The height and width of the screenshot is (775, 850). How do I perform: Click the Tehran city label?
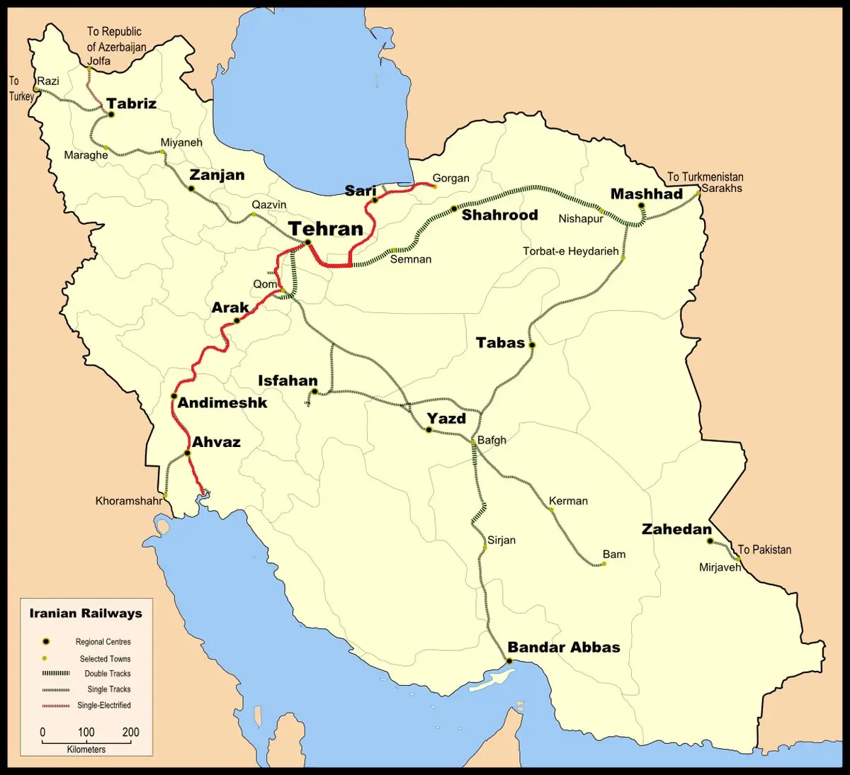coord(326,229)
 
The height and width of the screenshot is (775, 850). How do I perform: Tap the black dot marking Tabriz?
coord(110,114)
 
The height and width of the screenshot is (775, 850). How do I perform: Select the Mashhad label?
coord(646,194)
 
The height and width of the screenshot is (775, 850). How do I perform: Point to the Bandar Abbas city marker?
coord(509,661)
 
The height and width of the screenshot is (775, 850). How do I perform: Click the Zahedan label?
coord(676,529)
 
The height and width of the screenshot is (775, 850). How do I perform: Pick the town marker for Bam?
coord(603,564)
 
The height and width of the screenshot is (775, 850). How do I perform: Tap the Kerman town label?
coord(568,501)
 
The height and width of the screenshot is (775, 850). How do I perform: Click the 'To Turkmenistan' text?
coord(705,176)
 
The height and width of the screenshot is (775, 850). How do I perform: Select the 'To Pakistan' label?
coord(764,550)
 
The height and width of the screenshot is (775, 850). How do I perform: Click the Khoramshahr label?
coord(129,501)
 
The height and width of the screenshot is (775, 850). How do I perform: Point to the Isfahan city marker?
coord(314,391)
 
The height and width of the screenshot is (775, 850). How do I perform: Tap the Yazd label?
coord(446,418)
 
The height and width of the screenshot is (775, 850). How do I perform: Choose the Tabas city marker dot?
coord(532,345)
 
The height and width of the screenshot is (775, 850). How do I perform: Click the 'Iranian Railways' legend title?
coord(86,613)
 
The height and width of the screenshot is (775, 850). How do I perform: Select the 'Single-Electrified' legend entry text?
coord(104,706)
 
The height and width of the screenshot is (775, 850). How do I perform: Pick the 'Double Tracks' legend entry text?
coord(108,674)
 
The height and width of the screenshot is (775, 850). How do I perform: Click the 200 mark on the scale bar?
coord(130,732)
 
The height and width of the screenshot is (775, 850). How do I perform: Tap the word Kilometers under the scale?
coord(86,749)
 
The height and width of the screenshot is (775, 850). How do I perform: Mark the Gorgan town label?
coord(450,179)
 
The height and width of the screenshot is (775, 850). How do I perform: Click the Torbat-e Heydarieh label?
coord(570,251)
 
